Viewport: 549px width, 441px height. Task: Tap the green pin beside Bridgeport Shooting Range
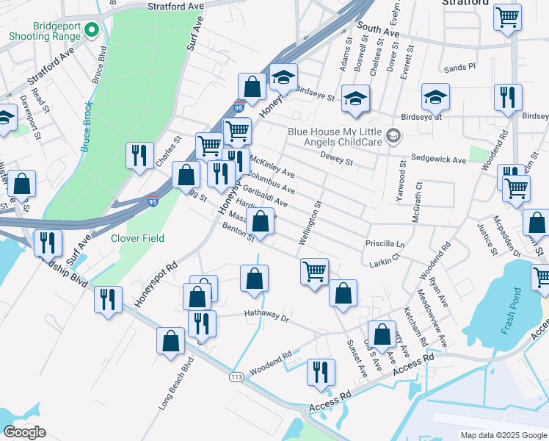[x=92, y=30]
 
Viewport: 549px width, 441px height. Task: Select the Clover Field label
[x=137, y=238]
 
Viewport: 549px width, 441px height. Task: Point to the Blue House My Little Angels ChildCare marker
[x=393, y=135]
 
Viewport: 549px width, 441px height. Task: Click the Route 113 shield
[x=236, y=377]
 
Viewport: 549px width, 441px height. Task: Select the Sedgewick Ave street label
[x=438, y=159]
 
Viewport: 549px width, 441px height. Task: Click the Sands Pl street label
[x=459, y=67]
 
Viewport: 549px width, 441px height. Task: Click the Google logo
[x=25, y=432]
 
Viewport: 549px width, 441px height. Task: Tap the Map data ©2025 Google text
[x=502, y=435]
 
